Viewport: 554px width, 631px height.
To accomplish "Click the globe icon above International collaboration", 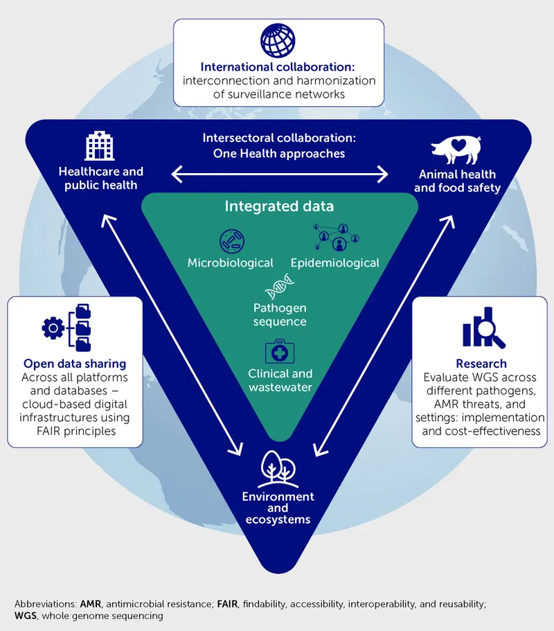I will point(278,41).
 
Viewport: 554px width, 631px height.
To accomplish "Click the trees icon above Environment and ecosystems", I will point(278,470).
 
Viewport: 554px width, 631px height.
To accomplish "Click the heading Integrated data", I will point(278,206).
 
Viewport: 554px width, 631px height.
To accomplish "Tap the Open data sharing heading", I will point(75,364).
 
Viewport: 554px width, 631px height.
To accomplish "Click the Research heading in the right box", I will point(481,364).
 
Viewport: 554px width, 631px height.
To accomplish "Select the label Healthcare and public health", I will point(100,178).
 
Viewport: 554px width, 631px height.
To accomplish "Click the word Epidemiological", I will point(334,263).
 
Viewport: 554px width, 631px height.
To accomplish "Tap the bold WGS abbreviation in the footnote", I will point(26,616).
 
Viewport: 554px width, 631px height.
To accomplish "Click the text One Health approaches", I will point(278,154).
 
